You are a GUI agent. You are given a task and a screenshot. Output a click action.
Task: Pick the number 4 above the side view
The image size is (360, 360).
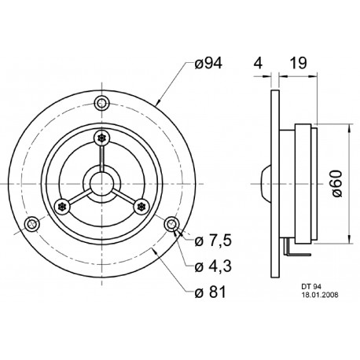[257, 64]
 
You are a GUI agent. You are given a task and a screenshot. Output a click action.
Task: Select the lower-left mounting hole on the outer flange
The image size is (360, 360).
[31, 225]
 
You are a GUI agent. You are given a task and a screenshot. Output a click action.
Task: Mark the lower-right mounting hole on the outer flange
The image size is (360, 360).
[171, 225]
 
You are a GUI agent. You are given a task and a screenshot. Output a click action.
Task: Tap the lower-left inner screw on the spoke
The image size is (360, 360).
[63, 207]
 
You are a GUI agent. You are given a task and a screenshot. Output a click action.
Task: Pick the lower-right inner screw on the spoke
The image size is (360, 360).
[141, 207]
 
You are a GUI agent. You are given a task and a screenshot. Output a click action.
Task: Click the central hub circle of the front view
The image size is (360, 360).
[101, 183]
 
